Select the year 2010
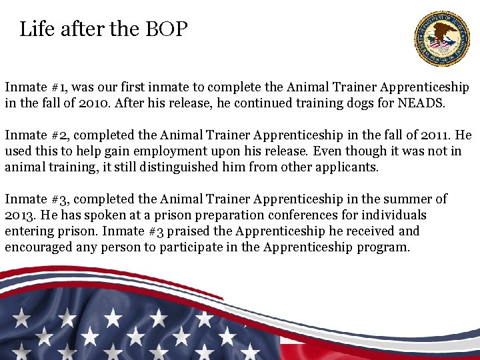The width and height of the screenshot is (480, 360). pyautogui.click(x=102, y=104)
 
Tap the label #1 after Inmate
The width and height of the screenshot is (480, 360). pyautogui.click(x=58, y=88)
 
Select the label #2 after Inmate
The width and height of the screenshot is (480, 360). pyautogui.click(x=59, y=135)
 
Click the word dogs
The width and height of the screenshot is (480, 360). pyautogui.click(x=365, y=104)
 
